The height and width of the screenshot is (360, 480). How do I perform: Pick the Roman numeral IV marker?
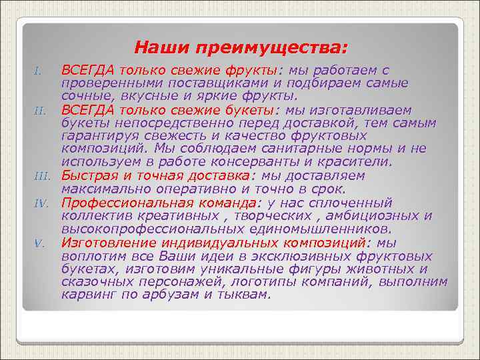click(41, 203)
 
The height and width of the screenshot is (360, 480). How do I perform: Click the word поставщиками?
click(205, 83)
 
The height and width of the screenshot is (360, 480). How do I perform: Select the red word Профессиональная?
click(123, 202)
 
